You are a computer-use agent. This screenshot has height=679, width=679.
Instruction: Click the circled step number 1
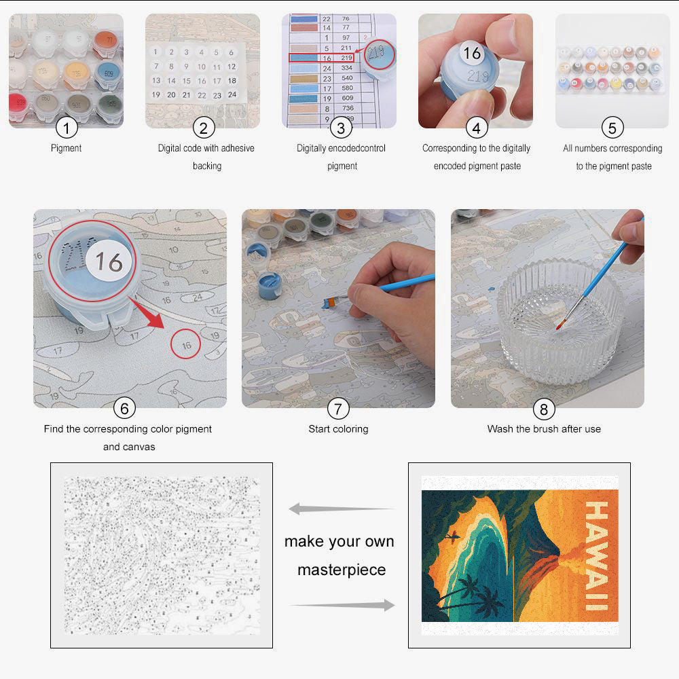67,127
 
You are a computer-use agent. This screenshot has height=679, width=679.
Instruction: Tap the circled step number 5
612,127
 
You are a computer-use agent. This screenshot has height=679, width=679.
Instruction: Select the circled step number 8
543,409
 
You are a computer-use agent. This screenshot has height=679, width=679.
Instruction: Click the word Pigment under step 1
67,148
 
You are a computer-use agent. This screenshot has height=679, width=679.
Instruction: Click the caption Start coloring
338,429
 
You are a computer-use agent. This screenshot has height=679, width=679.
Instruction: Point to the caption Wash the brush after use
543,429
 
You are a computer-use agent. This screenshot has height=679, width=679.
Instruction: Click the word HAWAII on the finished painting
597,555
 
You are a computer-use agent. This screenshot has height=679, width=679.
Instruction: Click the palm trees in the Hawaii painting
475,594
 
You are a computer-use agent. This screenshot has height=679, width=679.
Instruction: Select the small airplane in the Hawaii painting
452,538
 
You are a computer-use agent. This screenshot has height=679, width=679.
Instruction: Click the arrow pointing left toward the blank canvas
339,509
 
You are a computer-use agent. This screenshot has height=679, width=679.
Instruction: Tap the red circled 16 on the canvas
186,345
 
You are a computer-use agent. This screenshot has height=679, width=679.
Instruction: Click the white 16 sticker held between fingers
472,53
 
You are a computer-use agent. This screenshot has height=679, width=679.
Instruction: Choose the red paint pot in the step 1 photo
19,105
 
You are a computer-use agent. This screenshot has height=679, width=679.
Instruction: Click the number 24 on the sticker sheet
232,95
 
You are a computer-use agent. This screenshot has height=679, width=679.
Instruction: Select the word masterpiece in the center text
342,570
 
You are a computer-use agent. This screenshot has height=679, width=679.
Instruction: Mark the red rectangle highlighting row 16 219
322,58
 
